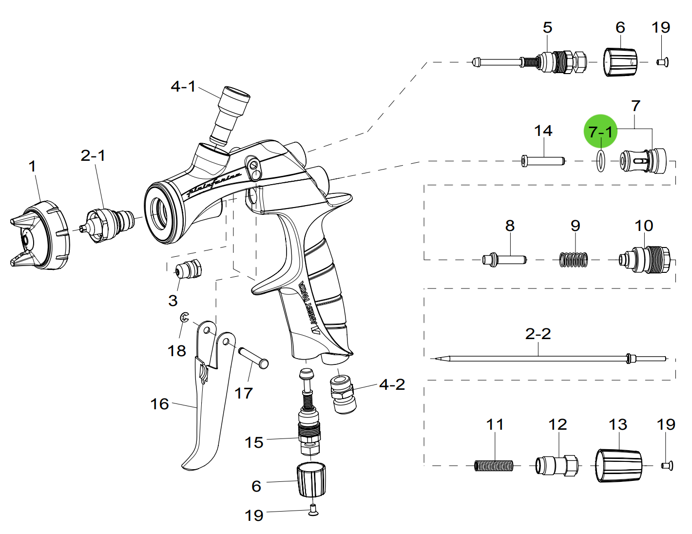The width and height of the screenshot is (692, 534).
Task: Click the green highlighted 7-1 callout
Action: point(600,131)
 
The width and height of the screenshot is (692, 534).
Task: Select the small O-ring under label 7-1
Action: point(601,161)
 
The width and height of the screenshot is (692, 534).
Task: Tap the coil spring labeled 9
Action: point(574,260)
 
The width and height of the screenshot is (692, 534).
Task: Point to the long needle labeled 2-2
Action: point(536,359)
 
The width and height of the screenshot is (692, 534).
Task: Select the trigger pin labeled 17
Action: point(253,357)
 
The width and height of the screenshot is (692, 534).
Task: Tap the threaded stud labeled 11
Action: point(494,466)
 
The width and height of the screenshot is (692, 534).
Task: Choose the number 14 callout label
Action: point(543,131)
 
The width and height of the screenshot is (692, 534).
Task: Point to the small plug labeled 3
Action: point(188,269)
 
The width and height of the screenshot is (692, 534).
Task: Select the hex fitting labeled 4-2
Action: point(343,393)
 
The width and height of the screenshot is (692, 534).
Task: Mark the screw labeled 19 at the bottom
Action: point(313,510)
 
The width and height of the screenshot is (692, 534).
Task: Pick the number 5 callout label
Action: point(547,28)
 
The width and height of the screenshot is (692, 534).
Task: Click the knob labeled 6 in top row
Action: point(620,62)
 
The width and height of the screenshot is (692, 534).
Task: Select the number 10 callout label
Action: point(644,226)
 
